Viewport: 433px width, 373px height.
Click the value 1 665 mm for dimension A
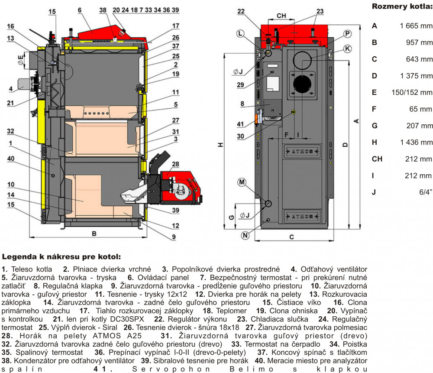(x=416, y=26)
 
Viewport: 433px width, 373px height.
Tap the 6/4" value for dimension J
(x=426, y=192)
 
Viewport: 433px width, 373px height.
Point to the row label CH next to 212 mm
(x=377, y=159)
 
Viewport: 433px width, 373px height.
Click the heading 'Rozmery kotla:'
(x=402, y=7)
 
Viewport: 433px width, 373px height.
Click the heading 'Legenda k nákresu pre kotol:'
(x=61, y=257)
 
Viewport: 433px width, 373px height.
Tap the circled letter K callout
(x=347, y=49)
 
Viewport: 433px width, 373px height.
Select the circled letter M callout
(x=242, y=182)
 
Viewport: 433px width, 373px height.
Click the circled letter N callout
(x=246, y=235)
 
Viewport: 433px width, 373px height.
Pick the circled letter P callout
(x=348, y=33)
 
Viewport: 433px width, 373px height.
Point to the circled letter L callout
(x=241, y=33)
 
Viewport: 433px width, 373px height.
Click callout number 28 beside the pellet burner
(x=175, y=164)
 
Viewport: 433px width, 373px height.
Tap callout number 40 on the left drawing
(x=12, y=159)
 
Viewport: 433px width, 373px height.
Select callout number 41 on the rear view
(x=241, y=125)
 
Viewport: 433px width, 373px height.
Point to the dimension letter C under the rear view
(x=291, y=237)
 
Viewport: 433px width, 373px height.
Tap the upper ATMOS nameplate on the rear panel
(x=302, y=151)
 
